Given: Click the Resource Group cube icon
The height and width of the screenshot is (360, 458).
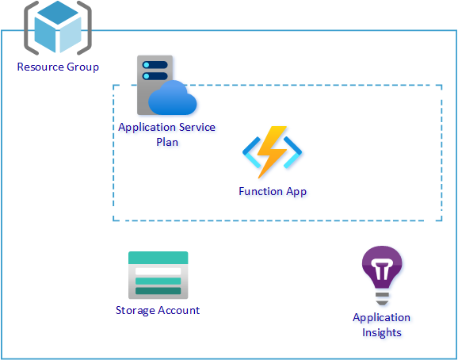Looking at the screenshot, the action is (x=58, y=28).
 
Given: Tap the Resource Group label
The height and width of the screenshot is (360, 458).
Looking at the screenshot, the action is (x=58, y=67).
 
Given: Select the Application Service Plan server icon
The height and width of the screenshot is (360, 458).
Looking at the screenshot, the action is (x=166, y=85).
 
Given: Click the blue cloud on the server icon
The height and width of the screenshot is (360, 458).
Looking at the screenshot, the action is (x=172, y=98).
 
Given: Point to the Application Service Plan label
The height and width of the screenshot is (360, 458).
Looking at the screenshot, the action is (x=166, y=135).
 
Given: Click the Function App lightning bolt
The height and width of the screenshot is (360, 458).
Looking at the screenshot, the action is (x=272, y=152).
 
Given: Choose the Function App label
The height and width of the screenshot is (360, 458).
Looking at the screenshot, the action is (x=273, y=191).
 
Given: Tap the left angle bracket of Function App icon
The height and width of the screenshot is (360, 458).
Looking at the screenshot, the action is (x=251, y=152).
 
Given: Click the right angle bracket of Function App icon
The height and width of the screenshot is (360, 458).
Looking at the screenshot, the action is (x=292, y=152).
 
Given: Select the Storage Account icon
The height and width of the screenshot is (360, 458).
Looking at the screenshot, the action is (x=158, y=275).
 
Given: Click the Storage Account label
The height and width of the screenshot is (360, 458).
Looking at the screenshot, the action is (x=158, y=310).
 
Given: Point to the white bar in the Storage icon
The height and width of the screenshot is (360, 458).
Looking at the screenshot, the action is (x=158, y=271).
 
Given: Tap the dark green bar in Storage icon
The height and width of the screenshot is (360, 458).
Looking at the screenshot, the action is (x=158, y=291).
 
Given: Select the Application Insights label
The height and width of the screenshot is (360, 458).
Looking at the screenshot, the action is (x=381, y=325).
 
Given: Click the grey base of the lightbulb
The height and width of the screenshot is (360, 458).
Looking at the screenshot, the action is (x=382, y=299).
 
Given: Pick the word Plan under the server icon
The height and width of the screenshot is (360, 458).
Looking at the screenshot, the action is (x=167, y=142).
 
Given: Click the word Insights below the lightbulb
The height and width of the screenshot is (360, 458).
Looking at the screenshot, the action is (x=382, y=332).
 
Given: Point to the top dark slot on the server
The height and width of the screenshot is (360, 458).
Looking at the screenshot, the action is (x=155, y=65).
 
